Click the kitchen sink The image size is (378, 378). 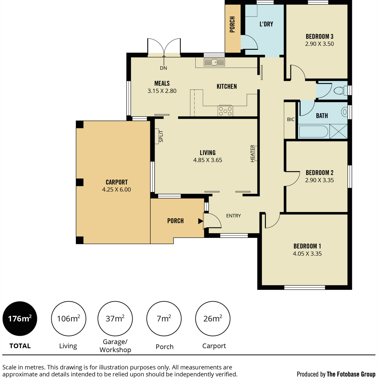coord(214,62)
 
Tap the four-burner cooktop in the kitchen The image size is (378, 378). coord(225,111)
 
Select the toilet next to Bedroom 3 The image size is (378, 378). coord(340,91)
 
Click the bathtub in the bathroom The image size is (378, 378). coord(313,131)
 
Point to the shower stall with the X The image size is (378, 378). coord(338,131)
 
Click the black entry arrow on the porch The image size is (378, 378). coord(200,221)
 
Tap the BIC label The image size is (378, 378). coord(290,119)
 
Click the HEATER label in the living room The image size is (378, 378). coord(252,153)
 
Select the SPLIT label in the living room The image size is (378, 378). coord(161,136)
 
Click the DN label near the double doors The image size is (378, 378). coord(163,68)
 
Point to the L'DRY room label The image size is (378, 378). coord(266,24)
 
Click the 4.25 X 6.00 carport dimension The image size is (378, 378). coord(116,189)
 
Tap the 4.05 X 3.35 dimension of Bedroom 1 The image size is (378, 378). coord(307,254)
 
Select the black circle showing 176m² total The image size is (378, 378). coord(20,318)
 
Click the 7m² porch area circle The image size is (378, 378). coord(164,318)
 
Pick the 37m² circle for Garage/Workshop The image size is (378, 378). coord(115,318)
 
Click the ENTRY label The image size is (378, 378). coord(233,215)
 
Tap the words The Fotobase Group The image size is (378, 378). coord(351,374)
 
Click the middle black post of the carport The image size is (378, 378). coord(80,182)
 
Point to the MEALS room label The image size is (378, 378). coord(162,83)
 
